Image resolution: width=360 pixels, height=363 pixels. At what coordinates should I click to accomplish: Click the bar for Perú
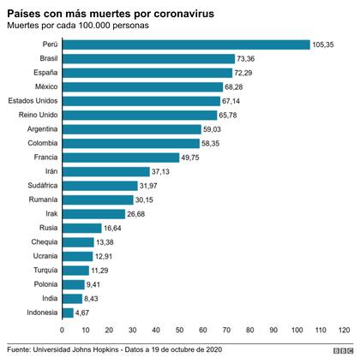coord(185,45)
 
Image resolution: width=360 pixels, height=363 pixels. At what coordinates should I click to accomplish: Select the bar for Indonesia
coord(67,312)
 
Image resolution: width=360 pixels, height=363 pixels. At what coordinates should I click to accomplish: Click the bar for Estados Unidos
coord(141,101)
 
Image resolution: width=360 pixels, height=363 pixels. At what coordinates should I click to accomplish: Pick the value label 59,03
coord(214,129)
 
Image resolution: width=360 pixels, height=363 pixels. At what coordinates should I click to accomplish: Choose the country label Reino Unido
coord(37,115)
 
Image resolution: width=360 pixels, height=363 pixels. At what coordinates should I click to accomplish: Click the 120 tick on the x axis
coord(344,330)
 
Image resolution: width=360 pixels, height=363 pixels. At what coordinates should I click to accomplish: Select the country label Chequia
coord(43,242)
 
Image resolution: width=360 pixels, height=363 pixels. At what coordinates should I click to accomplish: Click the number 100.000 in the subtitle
coord(102,27)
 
